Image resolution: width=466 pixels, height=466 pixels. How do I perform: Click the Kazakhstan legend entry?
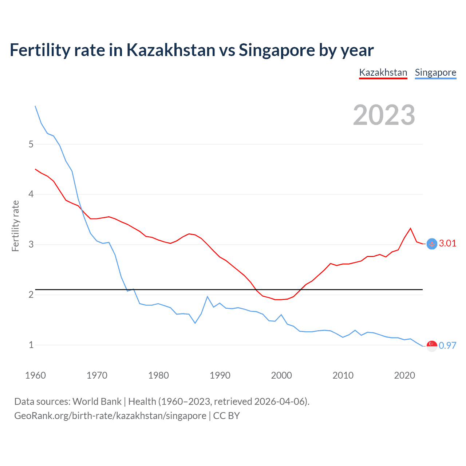(x=383, y=72)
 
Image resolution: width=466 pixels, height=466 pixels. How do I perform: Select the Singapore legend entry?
(x=435, y=72)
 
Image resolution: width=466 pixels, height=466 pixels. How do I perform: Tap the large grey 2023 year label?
(x=384, y=115)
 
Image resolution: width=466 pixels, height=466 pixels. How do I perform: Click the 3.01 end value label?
(x=447, y=244)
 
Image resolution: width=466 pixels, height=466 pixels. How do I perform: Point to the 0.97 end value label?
(x=447, y=345)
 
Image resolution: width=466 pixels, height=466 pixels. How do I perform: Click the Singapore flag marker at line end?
(x=432, y=346)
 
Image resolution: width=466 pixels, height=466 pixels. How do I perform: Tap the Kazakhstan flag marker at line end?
(x=432, y=244)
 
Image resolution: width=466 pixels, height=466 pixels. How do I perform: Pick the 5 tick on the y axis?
(x=31, y=144)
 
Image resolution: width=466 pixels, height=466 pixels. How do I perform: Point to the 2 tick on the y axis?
(x=31, y=295)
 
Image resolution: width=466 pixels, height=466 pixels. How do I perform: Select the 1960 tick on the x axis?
(x=35, y=375)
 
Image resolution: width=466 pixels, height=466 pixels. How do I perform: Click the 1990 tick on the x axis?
(x=220, y=375)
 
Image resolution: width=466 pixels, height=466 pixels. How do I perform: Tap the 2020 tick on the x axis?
(x=404, y=375)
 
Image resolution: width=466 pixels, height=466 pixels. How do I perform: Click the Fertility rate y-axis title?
(x=15, y=226)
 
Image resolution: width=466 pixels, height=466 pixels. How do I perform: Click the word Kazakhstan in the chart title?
(x=171, y=50)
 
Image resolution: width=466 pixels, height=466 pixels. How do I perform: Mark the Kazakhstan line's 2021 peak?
(x=411, y=228)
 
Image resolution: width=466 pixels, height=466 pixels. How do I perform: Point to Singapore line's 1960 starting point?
(x=35, y=106)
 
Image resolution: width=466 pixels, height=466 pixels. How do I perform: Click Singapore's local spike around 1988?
(x=208, y=296)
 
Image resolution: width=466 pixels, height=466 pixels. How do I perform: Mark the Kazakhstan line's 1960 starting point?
(x=35, y=169)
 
